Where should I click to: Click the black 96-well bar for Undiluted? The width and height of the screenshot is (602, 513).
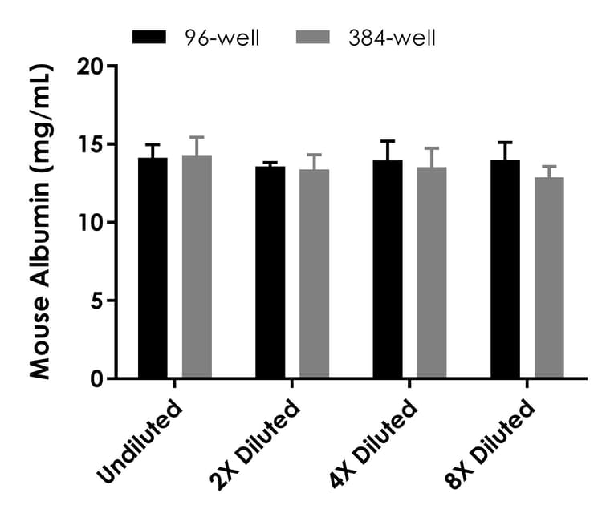[153, 269]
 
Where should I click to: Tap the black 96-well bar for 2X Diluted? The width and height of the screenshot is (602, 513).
[270, 273]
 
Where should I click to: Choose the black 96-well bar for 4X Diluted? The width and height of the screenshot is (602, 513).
[388, 269]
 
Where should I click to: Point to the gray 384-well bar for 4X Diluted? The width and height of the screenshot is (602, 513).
[432, 273]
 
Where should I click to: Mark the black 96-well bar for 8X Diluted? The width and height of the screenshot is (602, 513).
[506, 269]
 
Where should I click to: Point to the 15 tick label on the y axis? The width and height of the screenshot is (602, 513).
[94, 145]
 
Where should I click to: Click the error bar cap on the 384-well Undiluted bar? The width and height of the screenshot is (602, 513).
[197, 137]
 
